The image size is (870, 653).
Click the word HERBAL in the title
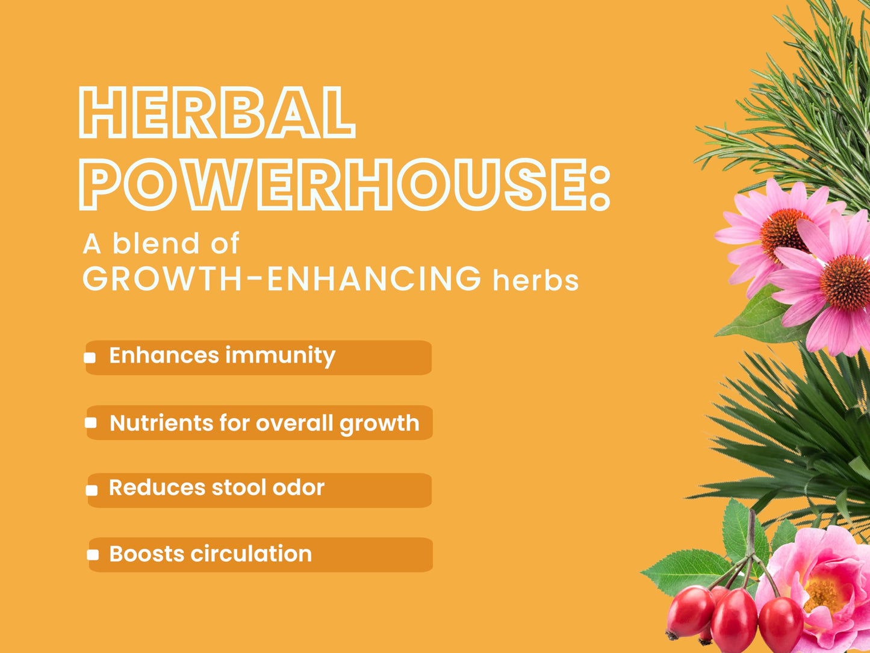click(x=217, y=112)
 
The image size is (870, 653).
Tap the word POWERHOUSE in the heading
click(x=332, y=184)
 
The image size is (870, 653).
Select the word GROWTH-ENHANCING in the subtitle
click(x=281, y=279)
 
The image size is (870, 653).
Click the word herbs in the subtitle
click(x=535, y=280)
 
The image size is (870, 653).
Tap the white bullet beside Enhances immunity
click(x=90, y=358)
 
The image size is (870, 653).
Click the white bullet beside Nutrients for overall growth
click(x=91, y=423)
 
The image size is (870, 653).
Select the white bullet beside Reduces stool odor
click(x=92, y=490)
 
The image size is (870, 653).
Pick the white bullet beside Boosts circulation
click(x=93, y=555)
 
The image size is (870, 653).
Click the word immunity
click(x=281, y=355)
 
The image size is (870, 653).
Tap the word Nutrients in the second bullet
click(x=161, y=423)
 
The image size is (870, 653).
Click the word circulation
click(x=251, y=554)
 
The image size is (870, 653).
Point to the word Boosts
click(x=147, y=554)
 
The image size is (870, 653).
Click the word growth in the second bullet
click(x=379, y=425)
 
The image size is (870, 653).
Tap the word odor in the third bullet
click(x=299, y=487)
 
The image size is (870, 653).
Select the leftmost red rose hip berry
click(x=690, y=612)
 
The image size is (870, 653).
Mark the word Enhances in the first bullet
click(x=164, y=355)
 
